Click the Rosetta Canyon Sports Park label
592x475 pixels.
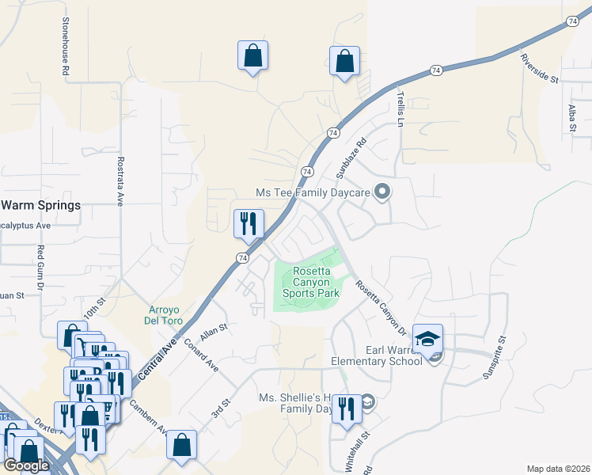pyautogui.click(x=316, y=282)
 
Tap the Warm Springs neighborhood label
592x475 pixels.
pyautogui.click(x=40, y=206)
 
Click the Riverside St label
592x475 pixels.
pyautogui.click(x=539, y=68)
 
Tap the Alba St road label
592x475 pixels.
pyautogui.click(x=571, y=119)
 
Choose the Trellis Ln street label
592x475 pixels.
pyautogui.click(x=400, y=109)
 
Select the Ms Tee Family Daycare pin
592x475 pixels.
pyautogui.click(x=382, y=192)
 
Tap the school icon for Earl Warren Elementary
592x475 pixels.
pyautogui.click(x=428, y=340)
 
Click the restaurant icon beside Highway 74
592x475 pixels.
pyautogui.click(x=249, y=223)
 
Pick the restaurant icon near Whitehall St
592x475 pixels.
pyautogui.click(x=346, y=408)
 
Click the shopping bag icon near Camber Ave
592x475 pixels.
pyautogui.click(x=182, y=445)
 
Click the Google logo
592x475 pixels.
pyautogui.click(x=26, y=465)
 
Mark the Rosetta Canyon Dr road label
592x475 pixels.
pyautogui.click(x=381, y=307)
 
